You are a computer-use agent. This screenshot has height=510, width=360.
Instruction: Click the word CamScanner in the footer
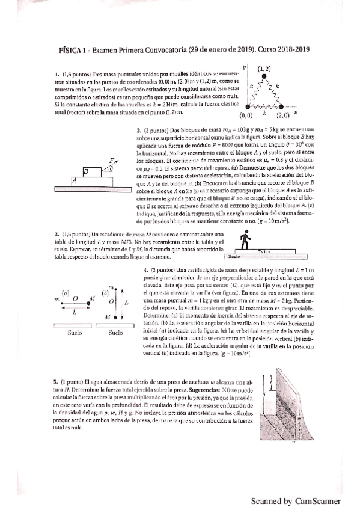[x=320, y=500]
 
